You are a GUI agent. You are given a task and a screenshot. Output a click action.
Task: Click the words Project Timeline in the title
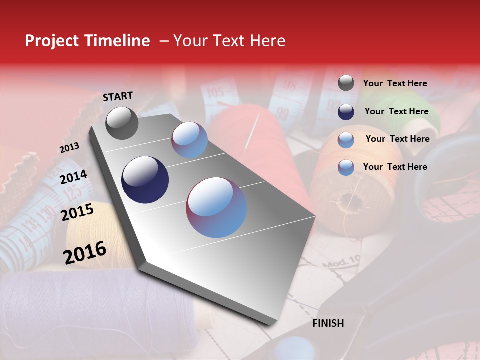(87, 41)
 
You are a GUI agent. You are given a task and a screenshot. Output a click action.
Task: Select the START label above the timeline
(118, 96)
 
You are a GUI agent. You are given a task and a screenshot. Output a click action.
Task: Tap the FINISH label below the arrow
(328, 323)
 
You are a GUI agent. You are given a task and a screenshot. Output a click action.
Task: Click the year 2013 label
(69, 148)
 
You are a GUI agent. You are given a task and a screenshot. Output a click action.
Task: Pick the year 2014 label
(73, 177)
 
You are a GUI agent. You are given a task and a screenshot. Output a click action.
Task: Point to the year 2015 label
(77, 212)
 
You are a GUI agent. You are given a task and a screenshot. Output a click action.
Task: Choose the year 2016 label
(85, 252)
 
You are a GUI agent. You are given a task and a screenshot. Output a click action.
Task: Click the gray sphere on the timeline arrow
(122, 123)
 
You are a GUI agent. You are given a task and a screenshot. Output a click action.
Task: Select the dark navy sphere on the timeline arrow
(145, 180)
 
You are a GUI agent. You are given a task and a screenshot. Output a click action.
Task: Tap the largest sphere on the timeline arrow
(216, 207)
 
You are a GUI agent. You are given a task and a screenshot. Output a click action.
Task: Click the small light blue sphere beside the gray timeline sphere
(189, 140)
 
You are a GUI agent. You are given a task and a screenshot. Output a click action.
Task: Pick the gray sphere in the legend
(346, 83)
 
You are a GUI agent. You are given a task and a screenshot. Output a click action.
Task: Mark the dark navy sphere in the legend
(346, 112)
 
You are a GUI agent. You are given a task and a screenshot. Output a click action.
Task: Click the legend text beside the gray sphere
(395, 83)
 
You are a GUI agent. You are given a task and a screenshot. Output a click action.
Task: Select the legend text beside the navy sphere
(396, 111)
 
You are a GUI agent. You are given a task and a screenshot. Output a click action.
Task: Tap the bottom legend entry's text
(395, 167)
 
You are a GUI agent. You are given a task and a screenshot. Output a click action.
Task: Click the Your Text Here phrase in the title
(229, 41)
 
